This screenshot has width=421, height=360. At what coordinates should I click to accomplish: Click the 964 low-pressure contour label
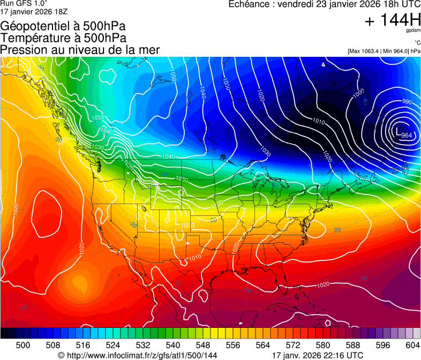pyautogui.click(x=407, y=135)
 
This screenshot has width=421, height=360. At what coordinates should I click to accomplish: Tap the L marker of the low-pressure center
pyautogui.click(x=396, y=130)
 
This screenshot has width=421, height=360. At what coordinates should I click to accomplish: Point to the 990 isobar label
pyautogui.click(x=407, y=102)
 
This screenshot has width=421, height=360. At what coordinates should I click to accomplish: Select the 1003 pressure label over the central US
pyautogui.click(x=188, y=225)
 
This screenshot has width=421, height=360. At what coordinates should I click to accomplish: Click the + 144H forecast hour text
pyautogui.click(x=392, y=20)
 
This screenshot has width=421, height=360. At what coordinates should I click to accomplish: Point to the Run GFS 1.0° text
pyautogui.click(x=24, y=3)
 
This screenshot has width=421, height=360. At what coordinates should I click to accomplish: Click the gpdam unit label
pyautogui.click(x=414, y=31)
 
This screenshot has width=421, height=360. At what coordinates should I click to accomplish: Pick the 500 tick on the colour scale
pyautogui.click(x=23, y=344)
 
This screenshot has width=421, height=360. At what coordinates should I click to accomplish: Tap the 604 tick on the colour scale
pyautogui.click(x=412, y=344)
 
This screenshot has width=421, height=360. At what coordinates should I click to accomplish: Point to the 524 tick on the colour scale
pyautogui.click(x=113, y=344)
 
